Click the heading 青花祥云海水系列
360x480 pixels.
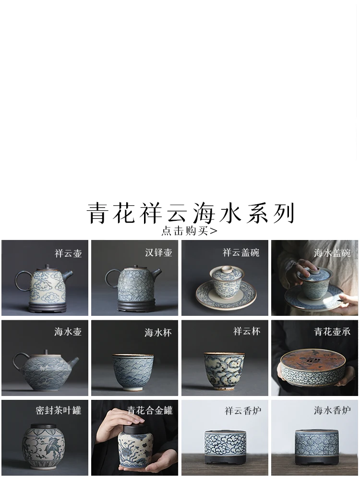click(x=191, y=213)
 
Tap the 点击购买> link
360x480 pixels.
click(x=189, y=230)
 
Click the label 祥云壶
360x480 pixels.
click(x=69, y=253)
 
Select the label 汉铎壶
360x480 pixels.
click(x=158, y=252)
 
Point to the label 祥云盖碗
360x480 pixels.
click(x=241, y=252)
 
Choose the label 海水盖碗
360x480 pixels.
click(x=332, y=253)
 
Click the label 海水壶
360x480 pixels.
click(x=68, y=332)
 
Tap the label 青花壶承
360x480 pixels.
click(x=332, y=332)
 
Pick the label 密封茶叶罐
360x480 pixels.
click(x=59, y=410)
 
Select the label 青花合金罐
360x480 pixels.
click(x=150, y=410)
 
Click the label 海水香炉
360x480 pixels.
click(x=332, y=410)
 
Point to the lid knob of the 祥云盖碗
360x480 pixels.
click(x=226, y=269)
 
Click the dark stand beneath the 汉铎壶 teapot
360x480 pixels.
click(x=134, y=304)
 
